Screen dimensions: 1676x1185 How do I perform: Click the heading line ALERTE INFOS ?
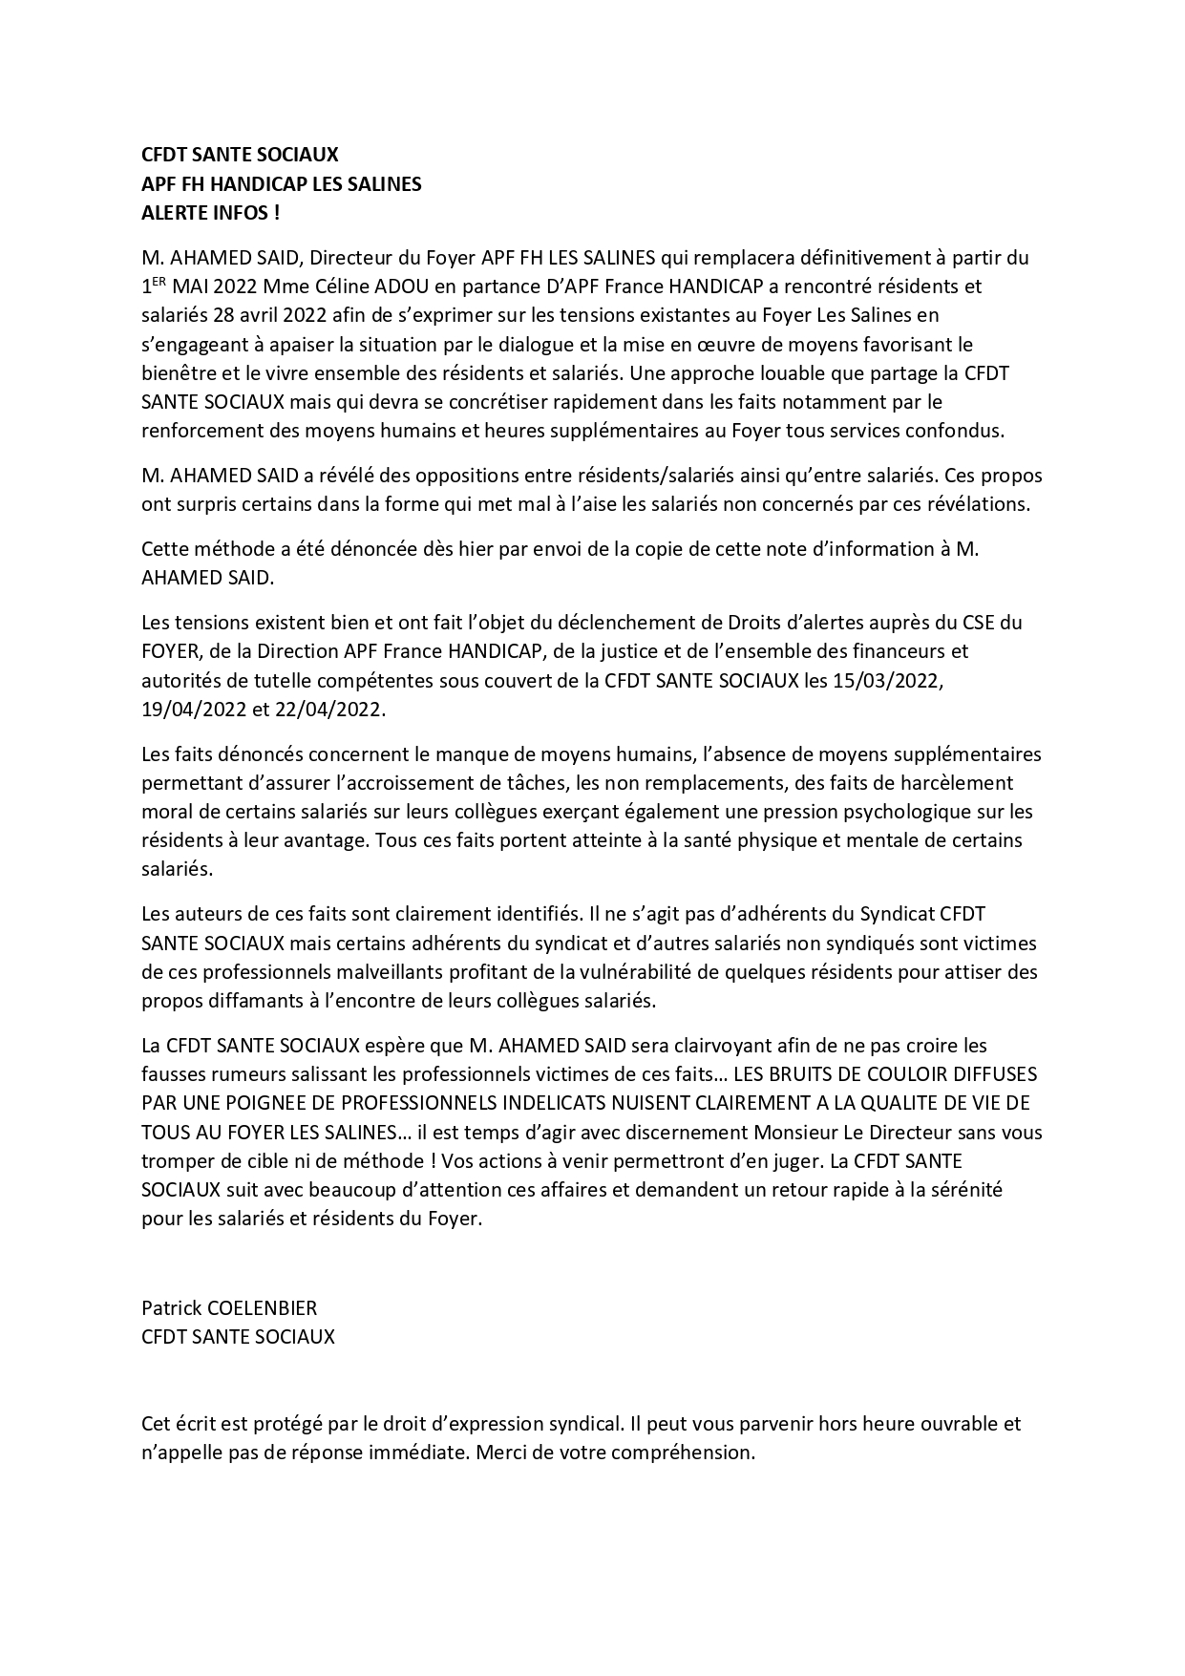coord(210,213)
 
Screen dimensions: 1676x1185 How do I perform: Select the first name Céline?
coord(342,286)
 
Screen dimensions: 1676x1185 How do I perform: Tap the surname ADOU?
coord(403,286)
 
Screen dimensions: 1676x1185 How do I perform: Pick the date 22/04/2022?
coord(335,710)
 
